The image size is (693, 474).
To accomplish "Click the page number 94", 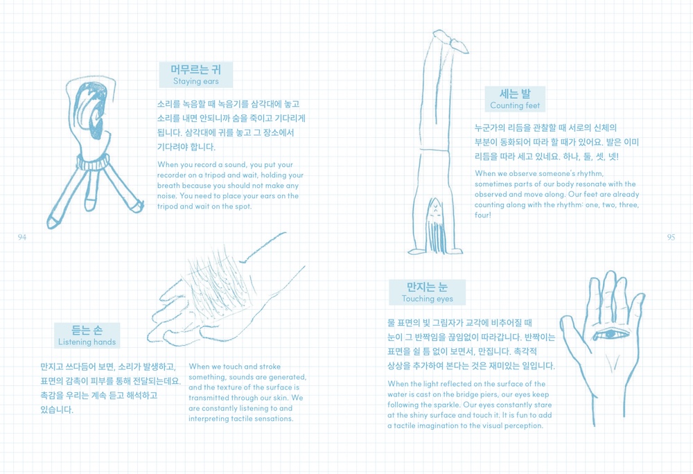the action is pyautogui.click(x=22, y=237).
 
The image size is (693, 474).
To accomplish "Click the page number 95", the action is pyautogui.click(x=671, y=237).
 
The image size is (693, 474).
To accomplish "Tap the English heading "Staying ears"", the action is pyautogui.click(x=196, y=81).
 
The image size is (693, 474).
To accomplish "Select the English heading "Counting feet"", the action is pyautogui.click(x=515, y=105).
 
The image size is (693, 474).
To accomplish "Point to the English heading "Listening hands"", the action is pyautogui.click(x=87, y=342).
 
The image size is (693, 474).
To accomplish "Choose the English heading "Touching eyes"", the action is pyautogui.click(x=428, y=299).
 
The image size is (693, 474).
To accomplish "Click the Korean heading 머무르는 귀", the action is pyautogui.click(x=196, y=69).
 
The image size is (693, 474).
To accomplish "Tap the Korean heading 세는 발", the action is pyautogui.click(x=515, y=94).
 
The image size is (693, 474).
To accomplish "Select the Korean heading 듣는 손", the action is pyautogui.click(x=87, y=330).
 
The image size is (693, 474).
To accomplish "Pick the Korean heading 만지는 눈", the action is pyautogui.click(x=428, y=287).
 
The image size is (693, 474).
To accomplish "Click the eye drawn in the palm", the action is pyautogui.click(x=611, y=334).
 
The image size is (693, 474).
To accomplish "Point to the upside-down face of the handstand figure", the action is pyautogui.click(x=435, y=209).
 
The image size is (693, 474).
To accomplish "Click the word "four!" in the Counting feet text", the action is pyautogui.click(x=482, y=215).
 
